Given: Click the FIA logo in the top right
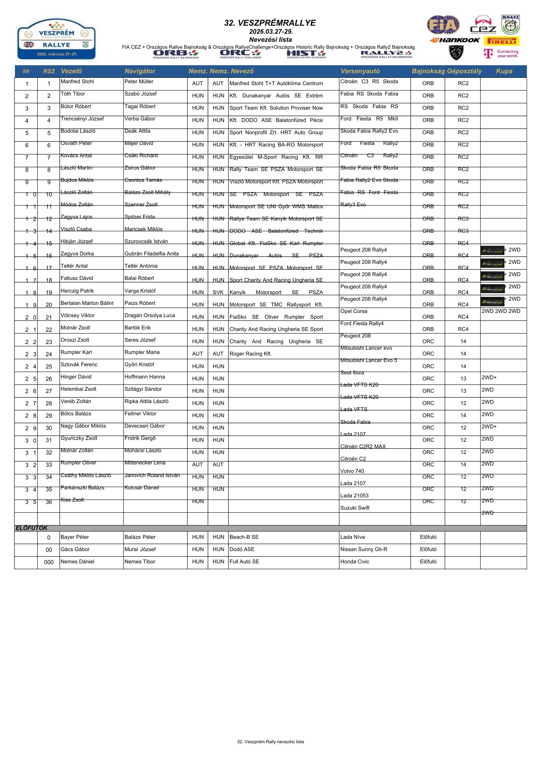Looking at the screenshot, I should (443, 25).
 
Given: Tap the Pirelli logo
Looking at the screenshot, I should (501, 41).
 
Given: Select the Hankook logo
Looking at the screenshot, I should (455, 40).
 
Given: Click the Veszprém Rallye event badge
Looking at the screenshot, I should (56, 39).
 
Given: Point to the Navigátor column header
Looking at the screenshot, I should (140, 71).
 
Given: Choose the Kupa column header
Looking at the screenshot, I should (504, 71).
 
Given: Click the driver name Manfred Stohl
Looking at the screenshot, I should (77, 82).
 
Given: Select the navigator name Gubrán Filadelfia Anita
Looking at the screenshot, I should (151, 253).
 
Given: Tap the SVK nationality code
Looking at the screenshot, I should (218, 292).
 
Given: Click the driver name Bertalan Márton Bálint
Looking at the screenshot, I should (87, 303).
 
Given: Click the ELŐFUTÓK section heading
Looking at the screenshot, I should (31, 528).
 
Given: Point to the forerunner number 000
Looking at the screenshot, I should (49, 562).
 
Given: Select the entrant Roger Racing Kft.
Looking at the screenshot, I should (250, 354).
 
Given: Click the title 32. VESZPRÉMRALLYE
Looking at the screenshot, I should (270, 23).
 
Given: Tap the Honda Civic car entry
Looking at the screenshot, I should (355, 561).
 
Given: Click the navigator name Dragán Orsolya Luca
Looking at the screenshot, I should (149, 315).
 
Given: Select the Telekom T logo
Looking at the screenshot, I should (488, 53).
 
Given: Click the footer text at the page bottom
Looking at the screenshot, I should (270, 741).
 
